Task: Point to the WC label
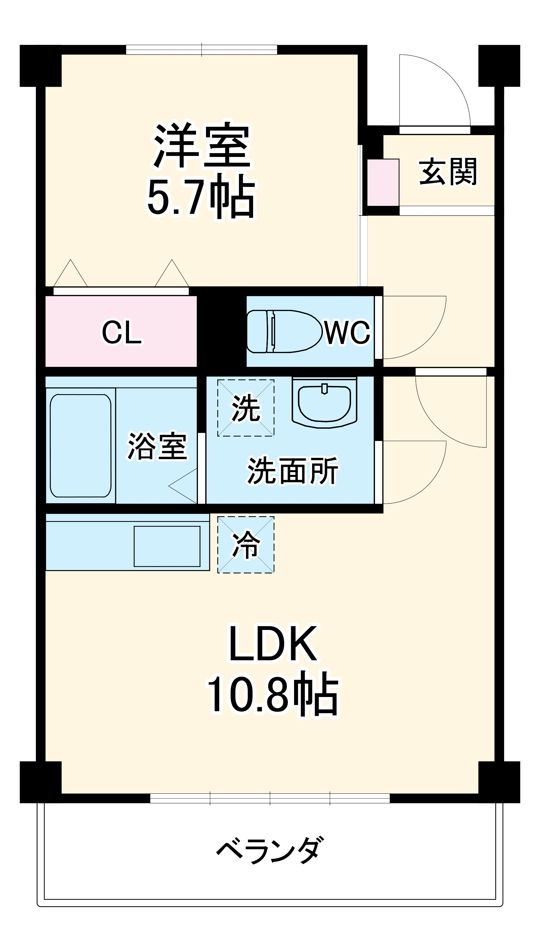tap(347, 332)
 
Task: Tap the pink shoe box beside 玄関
tap(383, 182)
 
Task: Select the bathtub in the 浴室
tap(80, 445)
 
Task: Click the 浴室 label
tap(157, 446)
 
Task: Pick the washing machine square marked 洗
tap(245, 408)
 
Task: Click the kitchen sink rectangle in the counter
tap(167, 546)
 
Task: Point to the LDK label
tap(273, 644)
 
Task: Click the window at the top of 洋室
tap(201, 50)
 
